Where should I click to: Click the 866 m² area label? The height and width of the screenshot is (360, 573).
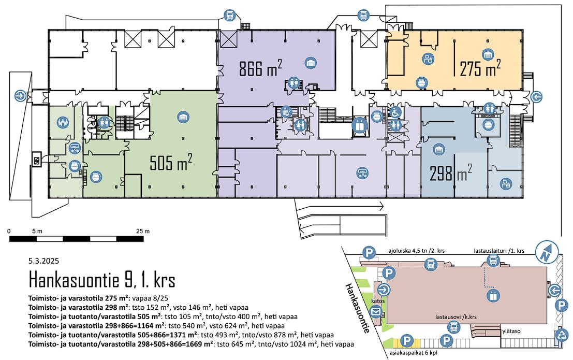[260, 68]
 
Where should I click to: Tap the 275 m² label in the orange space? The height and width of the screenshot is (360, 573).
[480, 68]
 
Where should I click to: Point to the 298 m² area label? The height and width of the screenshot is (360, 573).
[450, 172]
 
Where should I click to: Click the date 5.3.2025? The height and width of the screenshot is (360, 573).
[45, 262]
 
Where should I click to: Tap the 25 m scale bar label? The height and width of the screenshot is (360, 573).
[142, 231]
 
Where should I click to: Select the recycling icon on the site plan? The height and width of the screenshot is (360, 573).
[562, 336]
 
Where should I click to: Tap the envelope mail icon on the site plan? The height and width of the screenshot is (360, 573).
[376, 312]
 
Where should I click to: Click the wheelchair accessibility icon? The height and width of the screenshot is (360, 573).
[395, 111]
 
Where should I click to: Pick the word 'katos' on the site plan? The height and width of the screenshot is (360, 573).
[378, 301]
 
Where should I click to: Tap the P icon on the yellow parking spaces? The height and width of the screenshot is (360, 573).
[407, 341]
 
